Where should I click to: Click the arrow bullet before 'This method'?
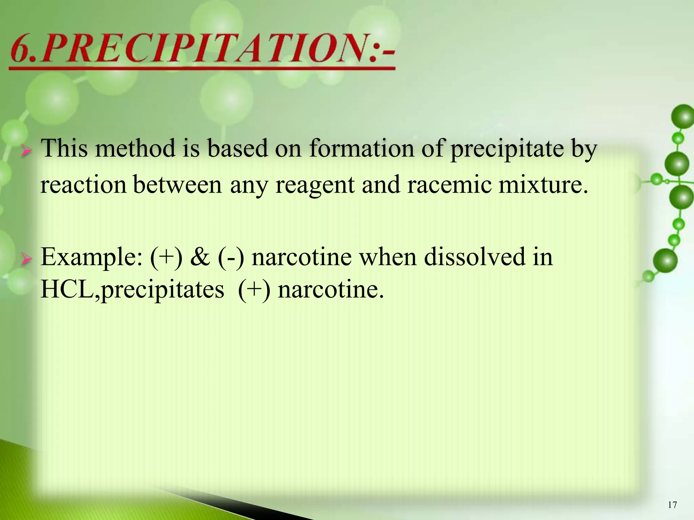26,151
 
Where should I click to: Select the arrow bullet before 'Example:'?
26,260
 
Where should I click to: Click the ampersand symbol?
200,257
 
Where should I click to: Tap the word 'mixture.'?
543,186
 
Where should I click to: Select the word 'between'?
177,186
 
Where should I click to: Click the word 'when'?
388,257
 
